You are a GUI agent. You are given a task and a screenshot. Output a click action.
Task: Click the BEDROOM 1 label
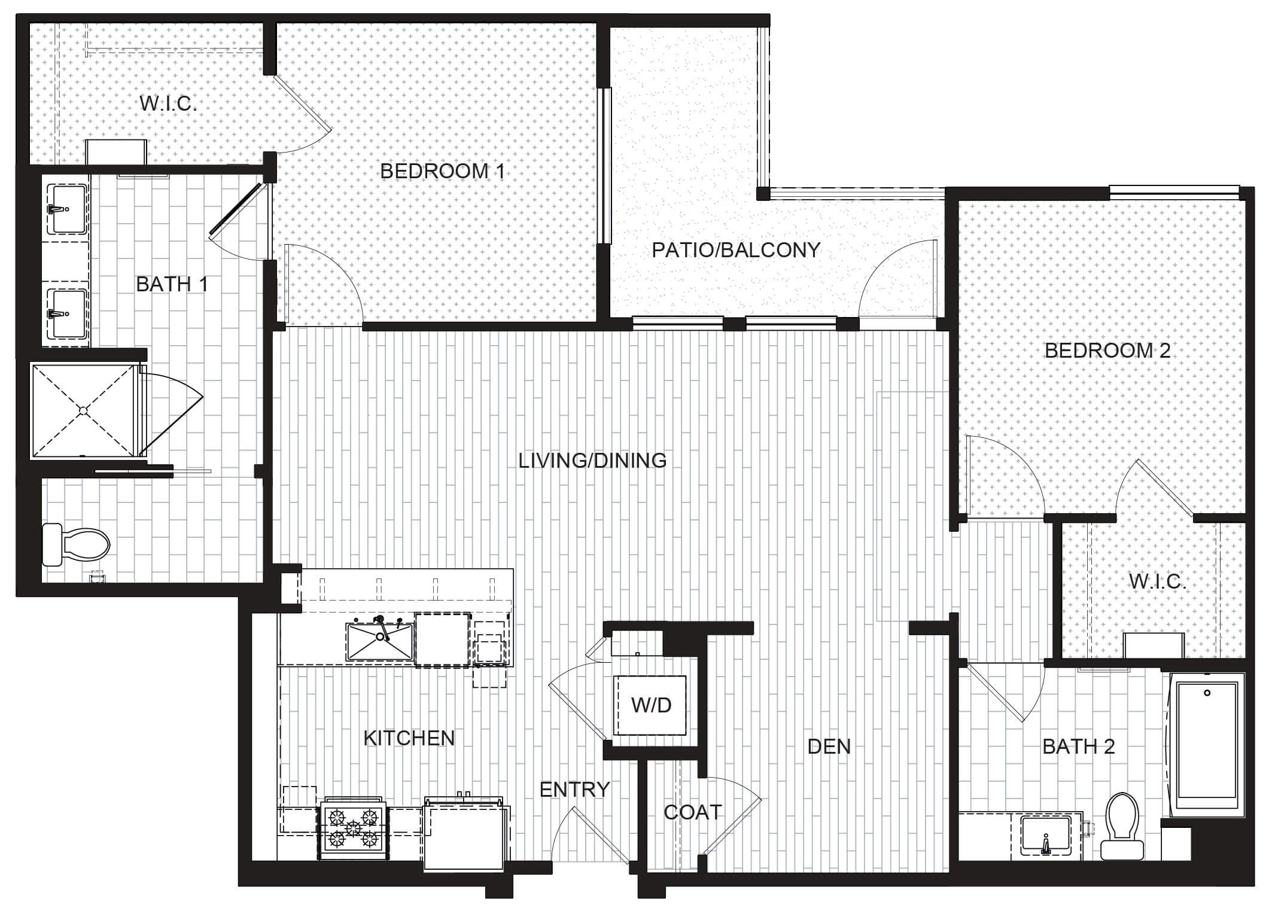pyautogui.click(x=442, y=172)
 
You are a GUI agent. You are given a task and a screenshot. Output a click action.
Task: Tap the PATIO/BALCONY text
pyautogui.click(x=736, y=250)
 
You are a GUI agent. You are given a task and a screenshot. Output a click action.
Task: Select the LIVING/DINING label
pyautogui.click(x=592, y=461)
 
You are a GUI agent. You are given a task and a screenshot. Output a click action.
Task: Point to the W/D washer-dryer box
pyautogui.click(x=651, y=705)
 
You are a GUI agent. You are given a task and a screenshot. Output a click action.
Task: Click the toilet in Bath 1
pyautogui.click(x=77, y=544)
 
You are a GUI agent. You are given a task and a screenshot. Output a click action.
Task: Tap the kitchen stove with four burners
pyautogui.click(x=352, y=828)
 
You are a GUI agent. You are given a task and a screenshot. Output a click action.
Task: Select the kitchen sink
pyautogui.click(x=380, y=641)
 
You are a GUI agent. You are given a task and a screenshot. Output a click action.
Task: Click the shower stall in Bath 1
pyautogui.click(x=84, y=410)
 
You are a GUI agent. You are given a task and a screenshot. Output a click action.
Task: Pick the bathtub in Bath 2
pyautogui.click(x=1207, y=743)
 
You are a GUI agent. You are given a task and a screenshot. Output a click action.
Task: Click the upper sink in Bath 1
pyautogui.click(x=67, y=209)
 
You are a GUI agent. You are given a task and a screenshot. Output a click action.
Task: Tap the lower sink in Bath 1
pyautogui.click(x=67, y=314)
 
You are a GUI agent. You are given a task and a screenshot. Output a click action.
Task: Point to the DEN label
pyautogui.click(x=829, y=747)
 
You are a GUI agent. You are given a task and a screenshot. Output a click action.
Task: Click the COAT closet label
pyautogui.click(x=693, y=812)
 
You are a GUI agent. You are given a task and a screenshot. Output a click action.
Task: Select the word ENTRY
pyautogui.click(x=574, y=790)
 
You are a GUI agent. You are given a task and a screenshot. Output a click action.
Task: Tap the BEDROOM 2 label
pyautogui.click(x=1107, y=351)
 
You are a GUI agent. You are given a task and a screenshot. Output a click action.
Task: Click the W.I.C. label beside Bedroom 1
pyautogui.click(x=169, y=103)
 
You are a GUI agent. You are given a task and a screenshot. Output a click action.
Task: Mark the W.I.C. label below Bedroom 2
pyautogui.click(x=1157, y=581)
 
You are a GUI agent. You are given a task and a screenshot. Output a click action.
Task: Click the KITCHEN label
pyautogui.click(x=409, y=738)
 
